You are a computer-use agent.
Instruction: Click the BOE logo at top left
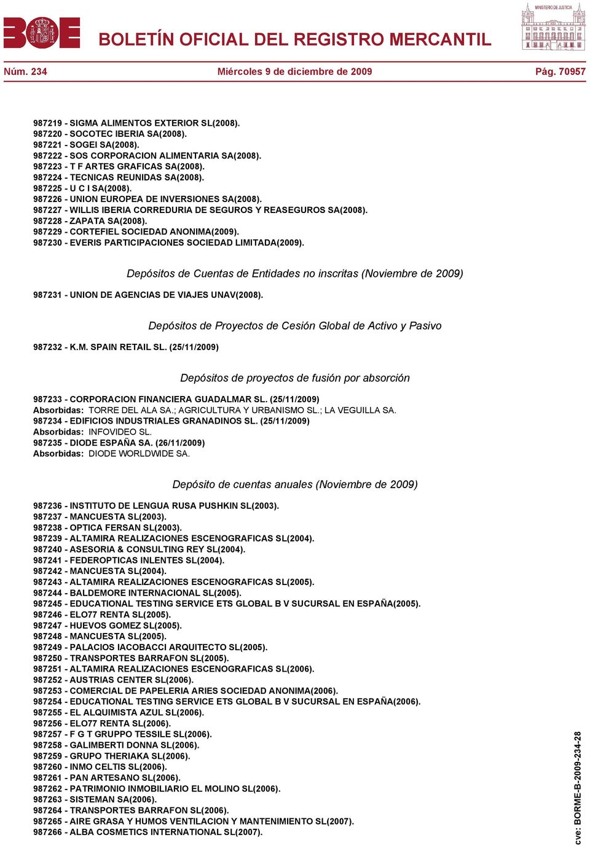click(42, 33)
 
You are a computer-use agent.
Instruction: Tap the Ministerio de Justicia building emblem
click(553, 28)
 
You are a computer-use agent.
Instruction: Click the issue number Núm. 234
click(25, 72)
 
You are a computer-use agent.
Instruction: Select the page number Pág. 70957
click(560, 72)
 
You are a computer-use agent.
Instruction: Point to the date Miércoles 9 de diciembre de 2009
click(294, 72)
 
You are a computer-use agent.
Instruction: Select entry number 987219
click(47, 123)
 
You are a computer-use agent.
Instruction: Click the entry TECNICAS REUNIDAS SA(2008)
click(136, 177)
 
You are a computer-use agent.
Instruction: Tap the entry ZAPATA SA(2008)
click(108, 221)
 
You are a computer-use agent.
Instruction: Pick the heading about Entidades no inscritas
click(294, 274)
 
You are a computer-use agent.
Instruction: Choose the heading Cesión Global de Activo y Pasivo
click(294, 326)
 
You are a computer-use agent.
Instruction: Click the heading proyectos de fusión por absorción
click(294, 378)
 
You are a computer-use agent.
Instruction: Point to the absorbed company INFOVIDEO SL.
click(120, 432)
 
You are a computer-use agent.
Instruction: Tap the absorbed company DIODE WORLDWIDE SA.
click(139, 454)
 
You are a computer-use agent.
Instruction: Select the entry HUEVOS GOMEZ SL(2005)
click(125, 626)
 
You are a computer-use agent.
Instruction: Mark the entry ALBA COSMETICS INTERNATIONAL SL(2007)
click(166, 832)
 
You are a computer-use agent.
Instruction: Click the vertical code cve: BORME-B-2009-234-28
click(578, 787)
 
